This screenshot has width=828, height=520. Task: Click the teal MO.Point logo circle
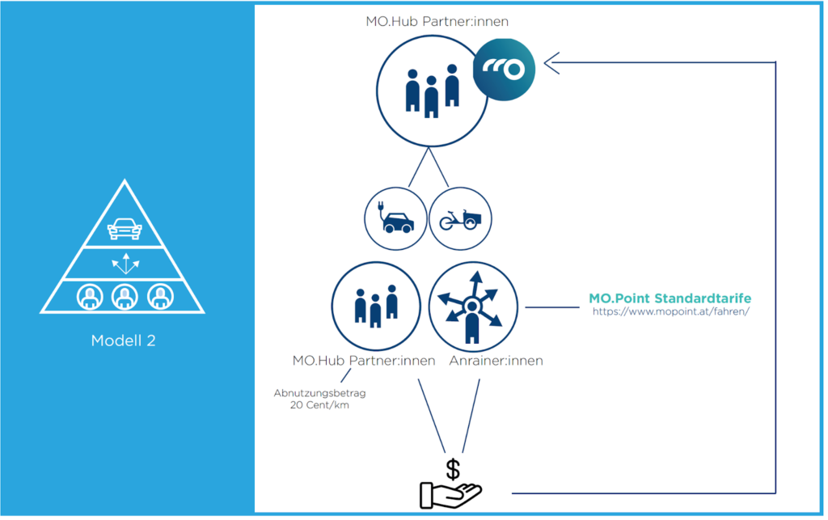pos(505,71)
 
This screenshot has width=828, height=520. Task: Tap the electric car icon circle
pos(395,218)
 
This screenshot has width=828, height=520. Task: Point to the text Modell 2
pos(123,340)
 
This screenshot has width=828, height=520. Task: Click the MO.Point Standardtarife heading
pos(670,298)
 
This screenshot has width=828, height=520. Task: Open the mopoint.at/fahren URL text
pos(670,311)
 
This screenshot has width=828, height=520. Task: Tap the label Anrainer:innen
pos(496,360)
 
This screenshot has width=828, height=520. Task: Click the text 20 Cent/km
pos(319,404)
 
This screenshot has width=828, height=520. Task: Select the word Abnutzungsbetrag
pos(319,393)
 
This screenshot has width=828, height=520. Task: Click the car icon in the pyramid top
pos(123,228)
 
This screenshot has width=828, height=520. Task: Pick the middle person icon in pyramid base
pos(123,297)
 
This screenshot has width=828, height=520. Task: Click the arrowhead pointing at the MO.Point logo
pos(551,61)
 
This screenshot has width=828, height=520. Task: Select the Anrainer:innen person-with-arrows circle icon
pos(473,306)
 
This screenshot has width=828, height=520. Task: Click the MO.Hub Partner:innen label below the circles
pos(364,360)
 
